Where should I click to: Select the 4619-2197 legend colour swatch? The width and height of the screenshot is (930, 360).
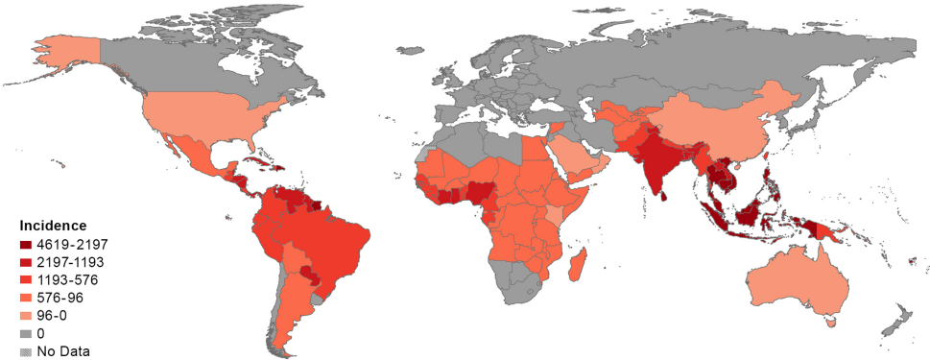[25, 244]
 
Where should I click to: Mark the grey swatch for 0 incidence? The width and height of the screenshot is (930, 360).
[25, 333]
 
